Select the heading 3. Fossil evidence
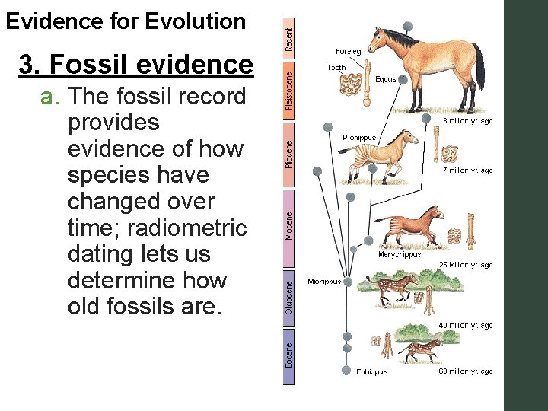tap(135, 65)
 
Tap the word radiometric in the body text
tap(197, 228)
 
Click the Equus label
tap(386, 79)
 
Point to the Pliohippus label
tap(358, 138)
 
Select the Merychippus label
tap(400, 255)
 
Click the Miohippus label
tap(324, 282)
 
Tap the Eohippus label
tap(371, 372)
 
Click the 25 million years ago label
tap(465, 266)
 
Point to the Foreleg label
tap(348, 52)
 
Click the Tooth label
tap(336, 67)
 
